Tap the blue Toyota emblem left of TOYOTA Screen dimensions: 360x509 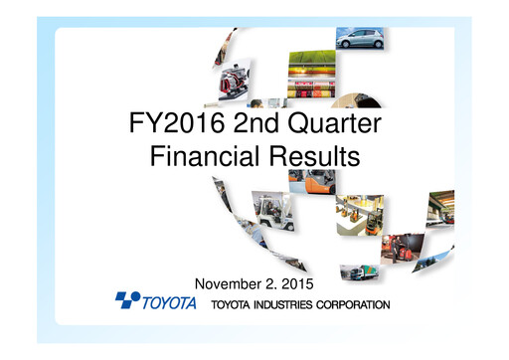coord(128,299)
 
